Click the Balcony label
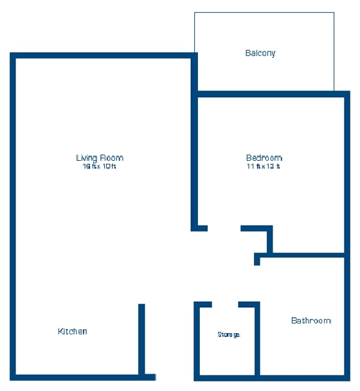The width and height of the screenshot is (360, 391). pyautogui.click(x=260, y=53)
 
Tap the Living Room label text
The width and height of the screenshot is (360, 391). pyautogui.click(x=100, y=158)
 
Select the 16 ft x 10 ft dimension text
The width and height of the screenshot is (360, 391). pyautogui.click(x=99, y=167)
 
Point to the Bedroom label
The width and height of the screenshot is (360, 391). pyautogui.click(x=264, y=158)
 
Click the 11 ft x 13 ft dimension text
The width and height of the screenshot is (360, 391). pyautogui.click(x=264, y=167)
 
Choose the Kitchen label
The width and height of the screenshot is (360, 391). pyautogui.click(x=73, y=331)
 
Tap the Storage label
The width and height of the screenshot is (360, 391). pyautogui.click(x=229, y=334)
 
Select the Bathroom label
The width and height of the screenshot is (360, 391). pyautogui.click(x=311, y=320)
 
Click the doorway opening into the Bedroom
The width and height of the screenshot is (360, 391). pyautogui.click(x=224, y=228)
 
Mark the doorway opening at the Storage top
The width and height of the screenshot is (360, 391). pyautogui.click(x=225, y=304)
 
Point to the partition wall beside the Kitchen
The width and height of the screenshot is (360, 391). pyautogui.click(x=141, y=340)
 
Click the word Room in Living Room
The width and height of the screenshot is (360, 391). pyautogui.click(x=111, y=158)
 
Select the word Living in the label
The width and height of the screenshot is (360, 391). pyautogui.click(x=87, y=158)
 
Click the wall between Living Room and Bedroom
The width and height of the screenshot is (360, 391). pyautogui.click(x=194, y=142)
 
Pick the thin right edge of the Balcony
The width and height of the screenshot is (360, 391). pyautogui.click(x=334, y=51)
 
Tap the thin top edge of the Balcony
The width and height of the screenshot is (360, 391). pyautogui.click(x=264, y=12)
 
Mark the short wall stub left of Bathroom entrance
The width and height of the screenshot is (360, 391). pyautogui.click(x=257, y=259)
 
